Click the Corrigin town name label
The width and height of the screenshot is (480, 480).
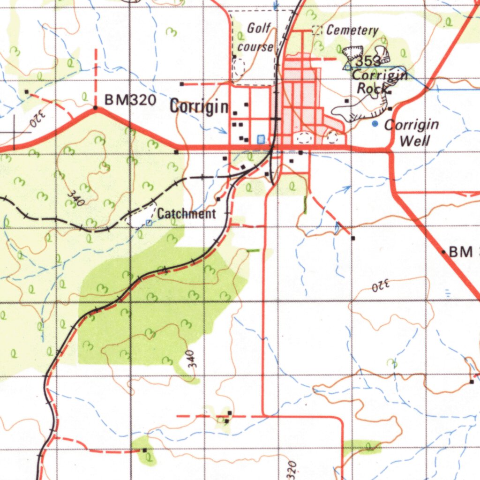coord(199,107)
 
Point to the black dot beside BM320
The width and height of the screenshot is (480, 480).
coord(95,108)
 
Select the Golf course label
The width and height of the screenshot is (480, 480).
coord(256,37)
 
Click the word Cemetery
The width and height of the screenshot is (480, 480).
coord(352,30)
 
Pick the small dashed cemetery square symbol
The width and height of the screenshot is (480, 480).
coord(317,30)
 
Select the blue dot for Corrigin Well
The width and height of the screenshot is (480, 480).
coord(374,124)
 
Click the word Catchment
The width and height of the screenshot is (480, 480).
coord(187,214)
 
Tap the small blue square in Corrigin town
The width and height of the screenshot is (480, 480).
coord(261,139)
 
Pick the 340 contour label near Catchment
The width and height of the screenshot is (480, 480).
coord(75,197)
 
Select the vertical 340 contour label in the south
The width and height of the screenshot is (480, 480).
coord(190,359)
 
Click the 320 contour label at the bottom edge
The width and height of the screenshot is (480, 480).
coord(292,470)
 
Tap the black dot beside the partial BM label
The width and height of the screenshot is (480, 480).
coord(443,252)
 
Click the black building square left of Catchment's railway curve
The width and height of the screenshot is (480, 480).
coord(218,199)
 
